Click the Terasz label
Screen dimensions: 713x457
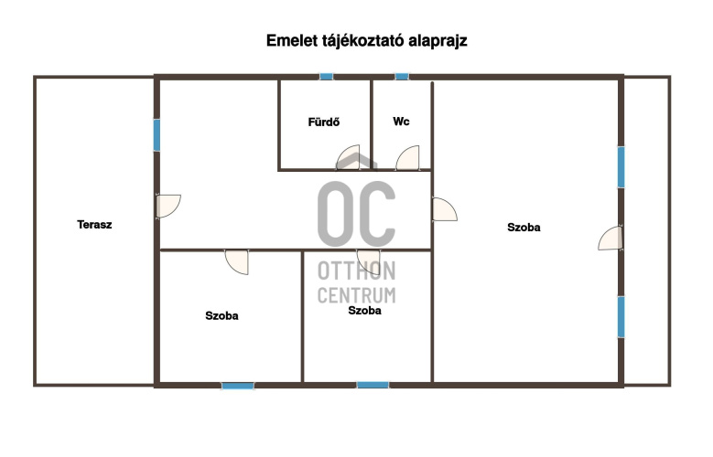(x=94, y=225)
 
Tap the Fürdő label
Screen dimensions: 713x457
(x=324, y=122)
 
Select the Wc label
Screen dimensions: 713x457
(x=401, y=122)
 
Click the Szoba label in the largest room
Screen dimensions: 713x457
(x=524, y=228)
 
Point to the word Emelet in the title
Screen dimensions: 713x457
(x=292, y=40)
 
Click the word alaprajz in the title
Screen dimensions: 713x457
(x=438, y=41)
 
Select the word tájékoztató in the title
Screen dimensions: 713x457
(x=362, y=41)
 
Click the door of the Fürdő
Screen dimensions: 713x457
(x=348, y=157)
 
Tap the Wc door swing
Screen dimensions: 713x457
(x=407, y=157)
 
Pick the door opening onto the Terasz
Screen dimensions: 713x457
(x=168, y=207)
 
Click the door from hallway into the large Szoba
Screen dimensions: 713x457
(x=445, y=209)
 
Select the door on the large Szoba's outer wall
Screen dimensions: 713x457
(x=610, y=238)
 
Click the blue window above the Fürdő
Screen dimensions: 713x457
(x=326, y=76)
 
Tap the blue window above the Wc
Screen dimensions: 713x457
(x=402, y=76)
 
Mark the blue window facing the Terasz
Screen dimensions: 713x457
(x=157, y=135)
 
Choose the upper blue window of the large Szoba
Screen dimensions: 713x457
(x=621, y=166)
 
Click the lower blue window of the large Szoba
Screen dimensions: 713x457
(x=621, y=316)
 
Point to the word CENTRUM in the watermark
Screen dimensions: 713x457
(x=357, y=295)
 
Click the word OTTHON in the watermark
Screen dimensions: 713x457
(x=357, y=271)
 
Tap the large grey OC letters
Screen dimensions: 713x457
(x=357, y=214)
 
